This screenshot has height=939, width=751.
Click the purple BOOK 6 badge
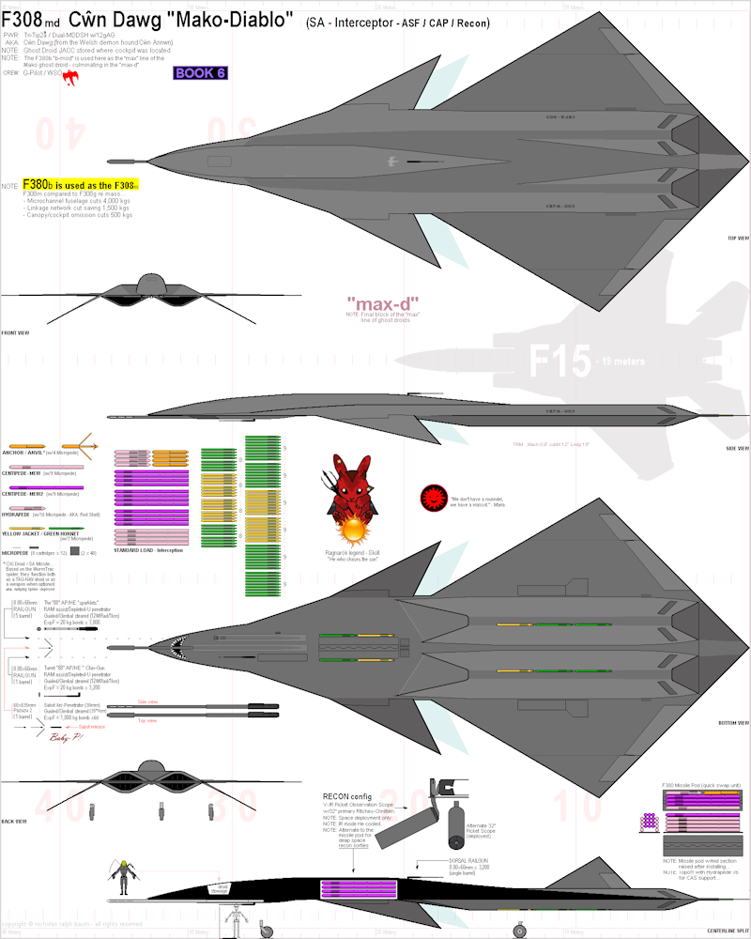[x=201, y=73]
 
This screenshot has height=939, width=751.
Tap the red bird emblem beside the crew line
[x=69, y=79]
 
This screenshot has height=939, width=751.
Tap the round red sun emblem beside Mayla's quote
[x=433, y=495]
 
